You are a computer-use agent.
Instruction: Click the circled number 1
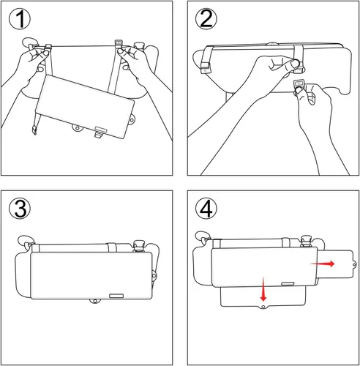pos(23,22)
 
